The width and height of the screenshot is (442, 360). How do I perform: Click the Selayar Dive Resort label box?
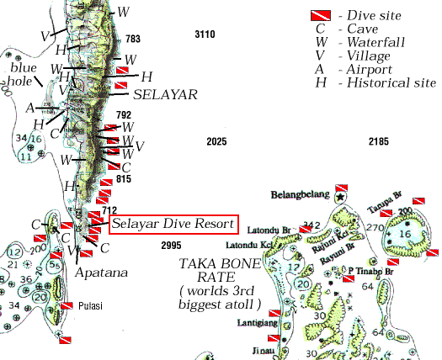click(x=174, y=225)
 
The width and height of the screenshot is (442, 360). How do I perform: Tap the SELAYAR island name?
click(x=165, y=95)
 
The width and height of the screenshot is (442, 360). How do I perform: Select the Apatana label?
click(x=100, y=273)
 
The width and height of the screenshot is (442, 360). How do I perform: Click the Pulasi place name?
click(x=90, y=306)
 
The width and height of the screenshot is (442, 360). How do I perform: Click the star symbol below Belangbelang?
click(x=339, y=197)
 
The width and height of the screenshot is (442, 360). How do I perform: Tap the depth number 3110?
click(x=205, y=34)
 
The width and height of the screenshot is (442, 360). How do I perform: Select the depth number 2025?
click(x=217, y=141)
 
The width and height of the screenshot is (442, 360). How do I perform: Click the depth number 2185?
click(x=379, y=141)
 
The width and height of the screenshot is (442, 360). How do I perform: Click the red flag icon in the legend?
click(x=320, y=15)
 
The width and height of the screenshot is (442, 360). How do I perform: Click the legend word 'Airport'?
click(x=380, y=69)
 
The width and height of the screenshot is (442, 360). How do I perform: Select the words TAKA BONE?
click(x=220, y=262)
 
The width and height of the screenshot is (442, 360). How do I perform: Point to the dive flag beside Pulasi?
click(x=67, y=305)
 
